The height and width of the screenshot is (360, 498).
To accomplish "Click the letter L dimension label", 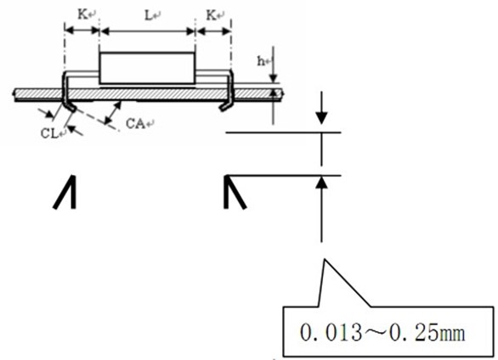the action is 149,15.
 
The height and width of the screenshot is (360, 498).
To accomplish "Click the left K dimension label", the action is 82,14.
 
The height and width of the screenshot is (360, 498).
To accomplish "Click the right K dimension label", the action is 212,15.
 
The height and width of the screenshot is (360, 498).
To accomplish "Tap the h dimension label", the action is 261,61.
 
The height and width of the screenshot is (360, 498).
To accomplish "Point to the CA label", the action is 135,124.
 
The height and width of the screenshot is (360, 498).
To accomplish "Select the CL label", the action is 49,133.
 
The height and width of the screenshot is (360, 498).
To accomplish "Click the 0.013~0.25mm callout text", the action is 382,333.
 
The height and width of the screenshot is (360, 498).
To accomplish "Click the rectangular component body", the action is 147,68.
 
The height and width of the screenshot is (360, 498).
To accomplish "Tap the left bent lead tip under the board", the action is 71,107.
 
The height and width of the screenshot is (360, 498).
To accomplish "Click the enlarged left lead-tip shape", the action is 65,192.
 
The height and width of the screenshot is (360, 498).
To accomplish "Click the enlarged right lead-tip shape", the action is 235,192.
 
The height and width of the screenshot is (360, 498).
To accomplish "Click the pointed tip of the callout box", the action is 325,259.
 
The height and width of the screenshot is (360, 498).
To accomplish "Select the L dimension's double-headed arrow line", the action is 147,31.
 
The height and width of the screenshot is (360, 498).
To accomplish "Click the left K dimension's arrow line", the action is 82,31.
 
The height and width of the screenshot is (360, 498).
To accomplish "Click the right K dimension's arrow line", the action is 213,31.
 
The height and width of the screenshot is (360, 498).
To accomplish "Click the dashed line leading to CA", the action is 97,120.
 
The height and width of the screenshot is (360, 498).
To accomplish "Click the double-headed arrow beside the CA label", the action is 113,112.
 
